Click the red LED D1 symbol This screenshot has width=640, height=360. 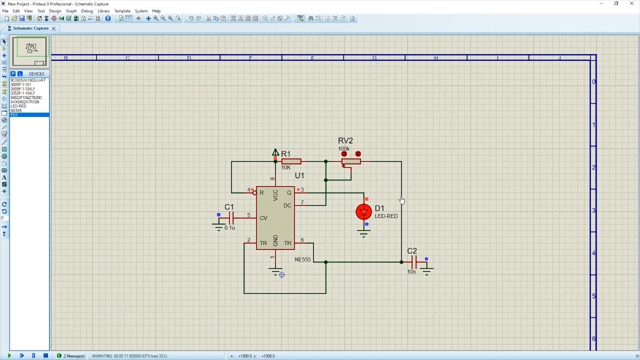tap(363, 212)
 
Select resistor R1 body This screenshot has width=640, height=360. tap(291, 161)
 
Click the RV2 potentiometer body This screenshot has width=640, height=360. tap(351, 161)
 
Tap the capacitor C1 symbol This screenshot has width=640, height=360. tap(231, 217)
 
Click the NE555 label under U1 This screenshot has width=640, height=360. tap(302, 259)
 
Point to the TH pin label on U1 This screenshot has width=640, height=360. tap(287, 243)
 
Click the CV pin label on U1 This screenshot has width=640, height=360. tap(263, 218)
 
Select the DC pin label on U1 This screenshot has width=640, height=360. tap(287, 205)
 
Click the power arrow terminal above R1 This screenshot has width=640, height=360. tap(275, 152)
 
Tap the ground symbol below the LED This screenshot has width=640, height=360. tap(363, 234)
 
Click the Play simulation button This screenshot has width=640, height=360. tap(9, 355)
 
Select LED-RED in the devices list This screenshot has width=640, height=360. tap(18, 106)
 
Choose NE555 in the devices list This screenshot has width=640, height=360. tap(16, 110)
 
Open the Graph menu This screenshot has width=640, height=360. tap(71, 11)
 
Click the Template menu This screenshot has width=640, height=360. tap(122, 11)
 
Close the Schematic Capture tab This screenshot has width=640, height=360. tap(53, 28)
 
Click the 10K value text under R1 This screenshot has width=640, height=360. tap(285, 167)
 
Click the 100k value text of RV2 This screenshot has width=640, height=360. tap(343, 149)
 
